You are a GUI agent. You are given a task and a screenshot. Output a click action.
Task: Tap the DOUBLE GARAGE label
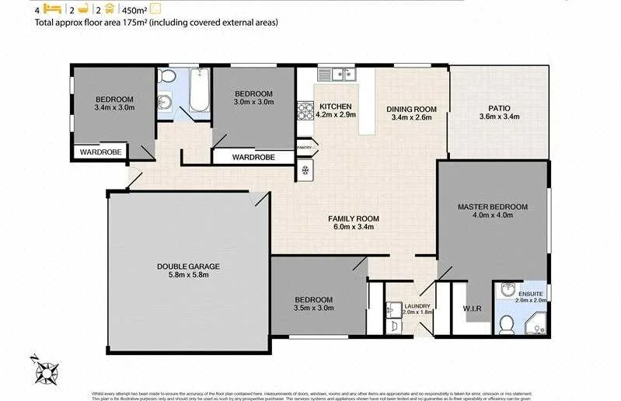[183, 267]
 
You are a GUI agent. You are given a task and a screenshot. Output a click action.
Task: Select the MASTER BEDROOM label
[492, 207]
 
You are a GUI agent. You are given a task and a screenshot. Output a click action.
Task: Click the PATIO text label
[498, 109]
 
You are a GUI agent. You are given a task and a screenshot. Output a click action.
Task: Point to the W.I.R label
[472, 309]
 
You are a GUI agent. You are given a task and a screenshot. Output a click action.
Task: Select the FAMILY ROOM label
[352, 219]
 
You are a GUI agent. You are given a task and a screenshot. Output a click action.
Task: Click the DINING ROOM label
[411, 109]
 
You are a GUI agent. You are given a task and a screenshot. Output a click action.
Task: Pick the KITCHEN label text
[335, 106]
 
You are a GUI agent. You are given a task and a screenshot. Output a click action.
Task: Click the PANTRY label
[303, 147]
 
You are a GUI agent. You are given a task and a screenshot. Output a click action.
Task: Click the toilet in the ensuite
[505, 326]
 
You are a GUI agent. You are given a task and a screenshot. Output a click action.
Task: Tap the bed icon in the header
[52, 9]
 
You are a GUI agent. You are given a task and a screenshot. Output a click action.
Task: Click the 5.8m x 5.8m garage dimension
[183, 274]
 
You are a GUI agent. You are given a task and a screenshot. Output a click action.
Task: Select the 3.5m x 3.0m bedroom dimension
[313, 308]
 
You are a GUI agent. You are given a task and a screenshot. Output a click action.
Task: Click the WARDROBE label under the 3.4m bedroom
[99, 152]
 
